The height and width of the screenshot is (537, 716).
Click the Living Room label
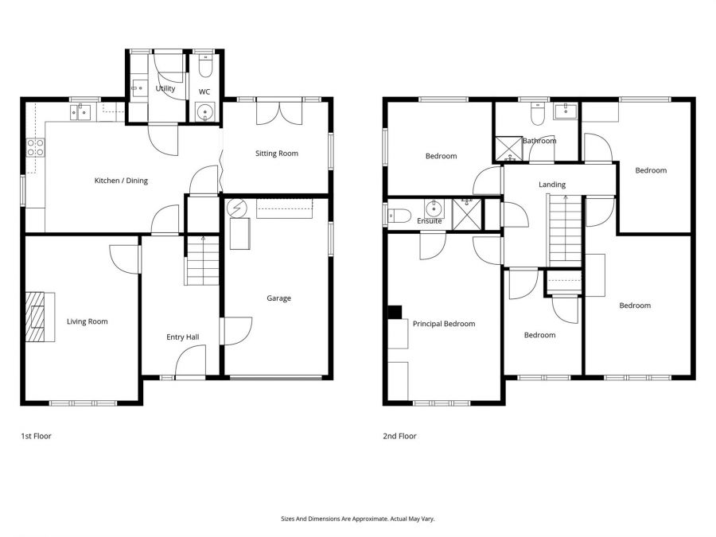point(87,321)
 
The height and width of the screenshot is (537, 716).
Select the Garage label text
point(278,298)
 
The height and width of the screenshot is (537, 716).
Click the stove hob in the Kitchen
point(36,146)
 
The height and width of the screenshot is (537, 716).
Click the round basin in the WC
point(205,112)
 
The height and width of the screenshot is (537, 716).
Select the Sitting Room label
point(276,153)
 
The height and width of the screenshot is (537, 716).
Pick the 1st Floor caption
point(36,436)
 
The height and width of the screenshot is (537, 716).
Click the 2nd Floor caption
point(400,436)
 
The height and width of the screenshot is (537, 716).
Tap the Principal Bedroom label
point(443,324)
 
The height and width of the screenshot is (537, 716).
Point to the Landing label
point(551,185)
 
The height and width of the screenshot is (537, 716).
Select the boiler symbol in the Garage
point(236,208)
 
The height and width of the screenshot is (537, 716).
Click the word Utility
point(165,88)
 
